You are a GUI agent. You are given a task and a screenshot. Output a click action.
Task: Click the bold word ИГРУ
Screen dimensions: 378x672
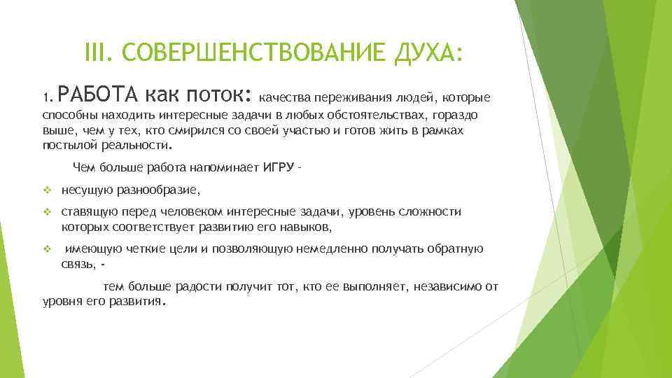click(x=279, y=167)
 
